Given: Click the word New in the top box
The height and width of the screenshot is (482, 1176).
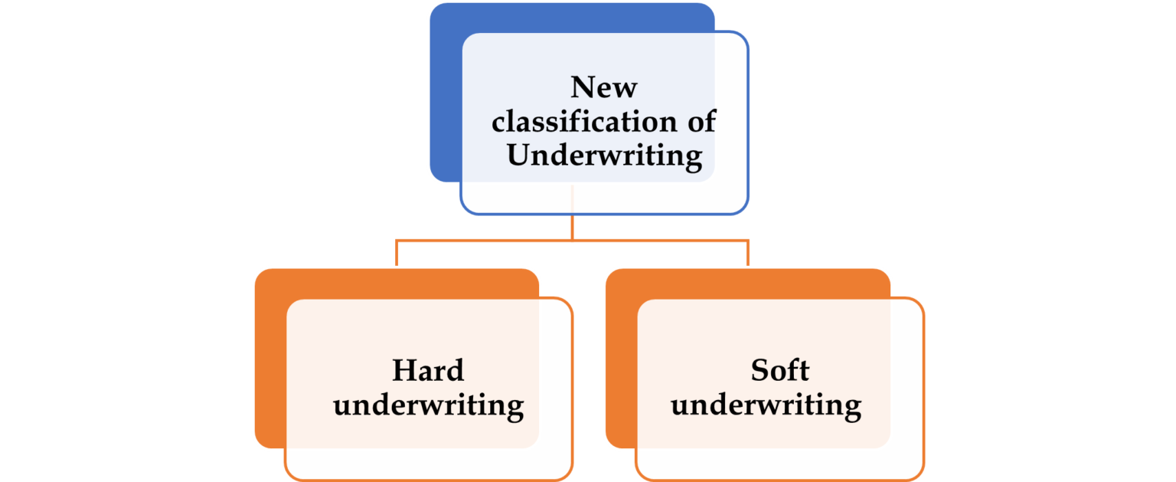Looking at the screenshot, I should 603,87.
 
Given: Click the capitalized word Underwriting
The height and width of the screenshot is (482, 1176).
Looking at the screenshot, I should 604,156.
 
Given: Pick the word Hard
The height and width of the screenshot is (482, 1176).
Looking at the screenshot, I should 428,371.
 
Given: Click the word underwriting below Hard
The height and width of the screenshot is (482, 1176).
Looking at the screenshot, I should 428,405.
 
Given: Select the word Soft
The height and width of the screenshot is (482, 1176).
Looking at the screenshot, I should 779,371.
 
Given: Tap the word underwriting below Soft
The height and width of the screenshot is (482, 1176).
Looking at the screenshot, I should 766,405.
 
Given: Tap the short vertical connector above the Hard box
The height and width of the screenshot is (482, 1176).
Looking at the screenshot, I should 397,253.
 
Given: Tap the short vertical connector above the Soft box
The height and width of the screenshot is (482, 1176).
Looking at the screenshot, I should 747,253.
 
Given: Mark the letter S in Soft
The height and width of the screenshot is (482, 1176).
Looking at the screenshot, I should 759,371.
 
